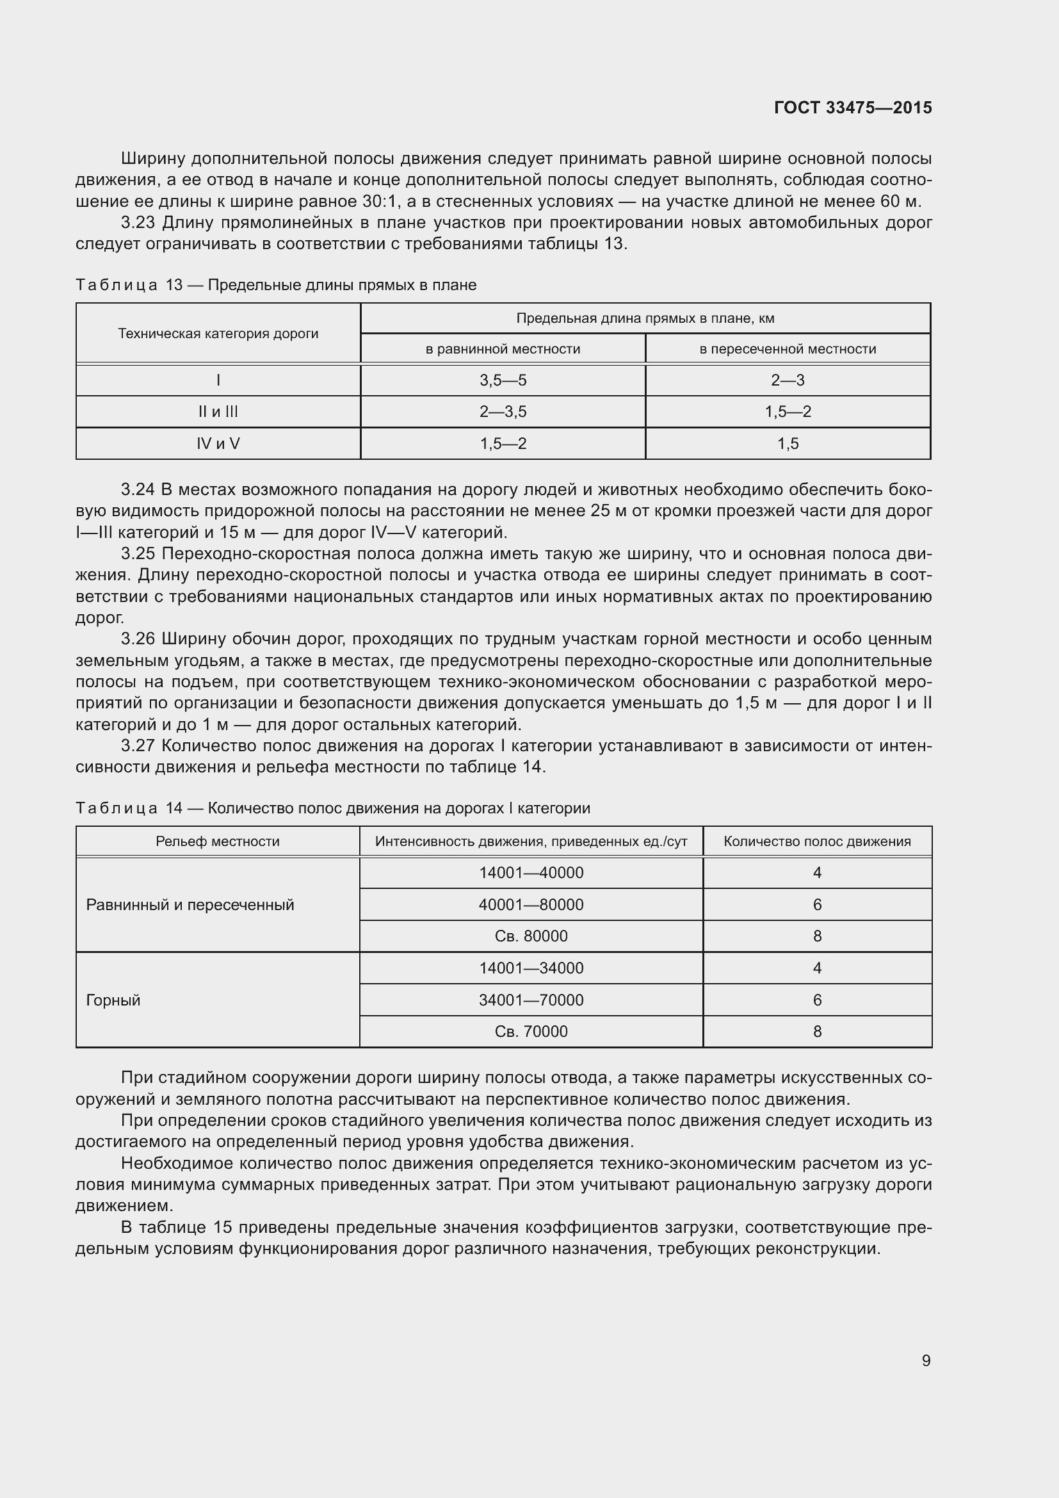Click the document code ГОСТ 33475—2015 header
[852, 108]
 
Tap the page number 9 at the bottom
[926, 1360]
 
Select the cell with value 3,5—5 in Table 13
[503, 380]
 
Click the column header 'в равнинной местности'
[503, 349]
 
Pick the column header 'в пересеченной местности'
[788, 349]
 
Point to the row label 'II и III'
[218, 412]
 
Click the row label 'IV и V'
[218, 444]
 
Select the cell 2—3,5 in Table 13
[503, 412]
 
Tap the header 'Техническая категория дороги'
[218, 334]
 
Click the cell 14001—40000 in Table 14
[531, 873]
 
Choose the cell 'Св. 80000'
[531, 936]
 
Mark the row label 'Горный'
[113, 1000]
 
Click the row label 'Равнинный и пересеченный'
[190, 905]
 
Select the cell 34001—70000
[531, 1000]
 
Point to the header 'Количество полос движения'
[817, 842]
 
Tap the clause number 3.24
[138, 490]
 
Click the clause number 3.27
[138, 745]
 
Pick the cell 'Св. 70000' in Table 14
[531, 1032]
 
